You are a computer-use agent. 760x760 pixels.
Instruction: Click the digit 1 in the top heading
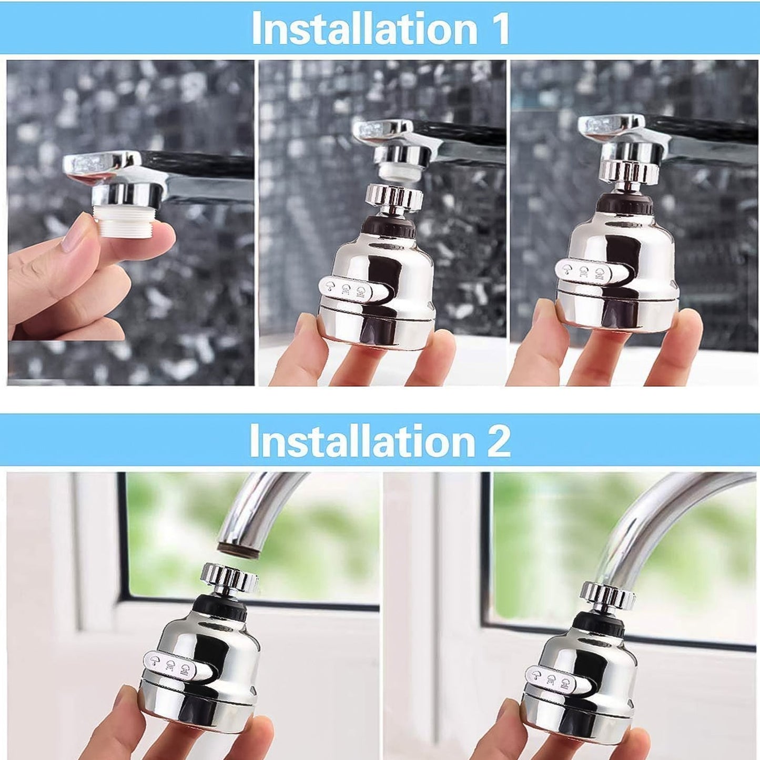(x=498, y=29)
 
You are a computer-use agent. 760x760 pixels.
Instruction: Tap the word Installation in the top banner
(x=364, y=29)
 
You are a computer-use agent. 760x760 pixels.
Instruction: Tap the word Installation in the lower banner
(x=362, y=441)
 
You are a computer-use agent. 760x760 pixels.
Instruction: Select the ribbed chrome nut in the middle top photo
(x=393, y=198)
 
